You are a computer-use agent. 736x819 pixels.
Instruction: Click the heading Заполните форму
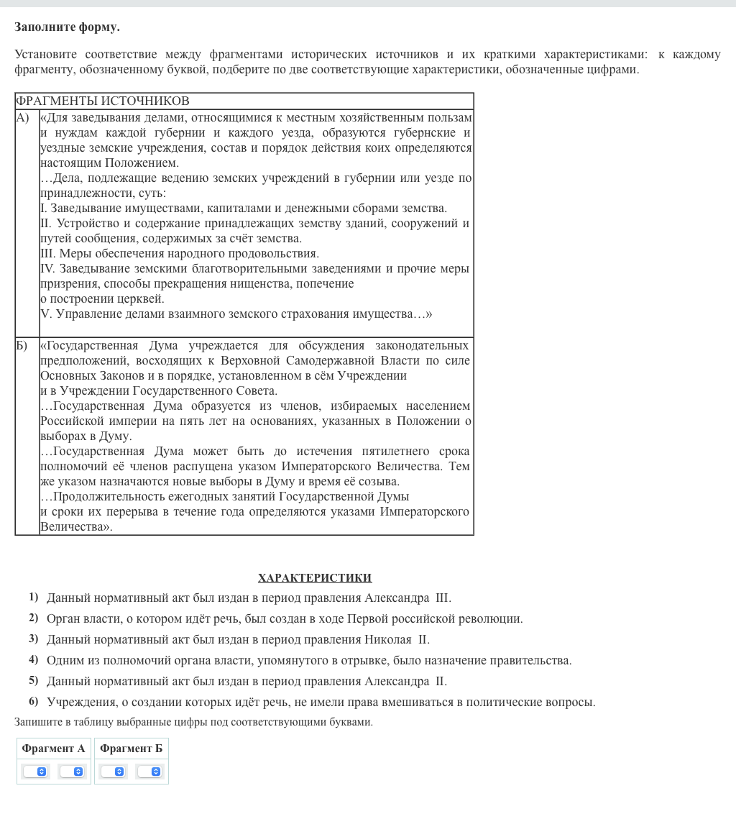tap(67, 27)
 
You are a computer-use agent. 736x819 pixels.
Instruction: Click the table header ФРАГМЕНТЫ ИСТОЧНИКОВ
tap(102, 101)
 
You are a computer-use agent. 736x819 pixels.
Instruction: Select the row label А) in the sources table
tap(23, 117)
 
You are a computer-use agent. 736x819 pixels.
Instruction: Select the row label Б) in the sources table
tap(22, 346)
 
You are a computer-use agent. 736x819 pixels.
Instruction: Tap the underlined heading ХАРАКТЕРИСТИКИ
tap(315, 577)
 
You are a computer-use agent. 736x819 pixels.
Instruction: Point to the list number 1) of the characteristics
tap(33, 597)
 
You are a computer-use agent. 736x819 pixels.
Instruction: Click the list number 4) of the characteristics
tap(33, 659)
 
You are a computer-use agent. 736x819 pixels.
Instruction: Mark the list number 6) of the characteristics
tap(33, 701)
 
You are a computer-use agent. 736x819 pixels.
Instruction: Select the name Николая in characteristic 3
tap(388, 639)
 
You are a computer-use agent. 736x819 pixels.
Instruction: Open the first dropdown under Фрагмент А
tap(35, 772)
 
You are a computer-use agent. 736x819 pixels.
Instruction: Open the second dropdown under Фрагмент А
tap(72, 772)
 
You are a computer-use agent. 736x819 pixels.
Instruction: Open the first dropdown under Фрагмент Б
tap(113, 772)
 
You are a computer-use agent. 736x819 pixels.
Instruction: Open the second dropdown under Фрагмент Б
tap(149, 772)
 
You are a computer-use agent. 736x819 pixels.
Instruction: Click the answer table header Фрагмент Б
tap(131, 749)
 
